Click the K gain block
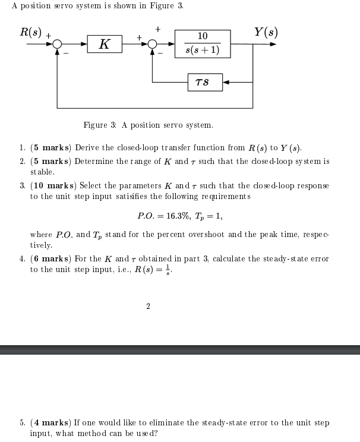[x=105, y=44]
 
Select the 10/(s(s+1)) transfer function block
[x=203, y=44]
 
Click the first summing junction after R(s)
[x=57, y=44]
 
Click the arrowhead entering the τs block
[x=226, y=81]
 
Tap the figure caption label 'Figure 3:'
[x=99, y=125]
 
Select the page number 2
[x=148, y=306]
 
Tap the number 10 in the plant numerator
[x=203, y=37]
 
